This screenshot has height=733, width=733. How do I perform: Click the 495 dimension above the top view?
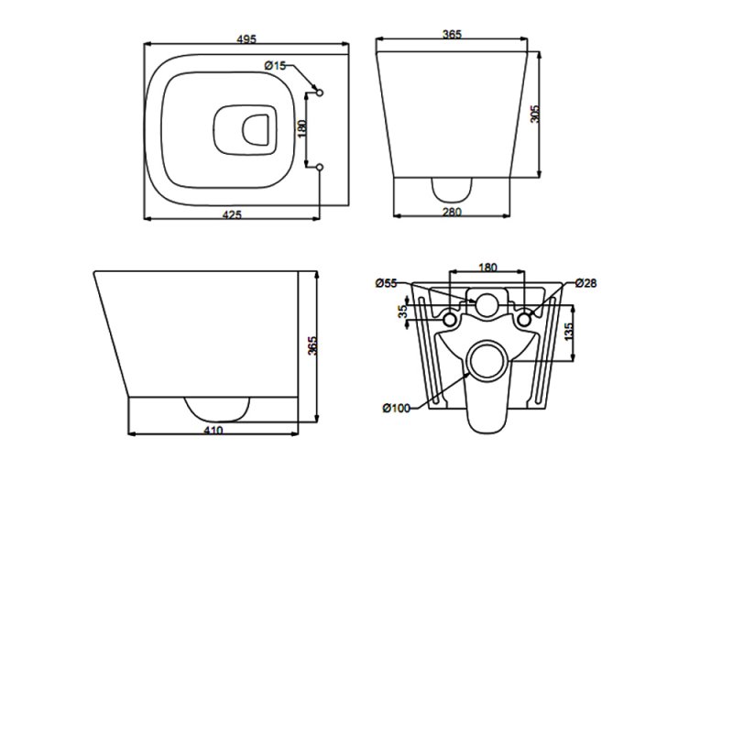click(x=246, y=38)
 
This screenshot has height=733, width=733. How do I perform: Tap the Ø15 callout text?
click(x=275, y=65)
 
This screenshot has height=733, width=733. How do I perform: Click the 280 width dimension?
click(x=451, y=213)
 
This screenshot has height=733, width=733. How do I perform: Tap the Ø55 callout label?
click(x=387, y=284)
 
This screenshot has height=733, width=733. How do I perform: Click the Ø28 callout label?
click(x=587, y=284)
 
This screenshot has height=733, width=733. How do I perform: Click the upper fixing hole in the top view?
click(x=318, y=91)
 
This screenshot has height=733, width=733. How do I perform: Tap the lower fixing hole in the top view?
click(x=318, y=167)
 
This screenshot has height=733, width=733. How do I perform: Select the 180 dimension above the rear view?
click(x=487, y=268)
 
